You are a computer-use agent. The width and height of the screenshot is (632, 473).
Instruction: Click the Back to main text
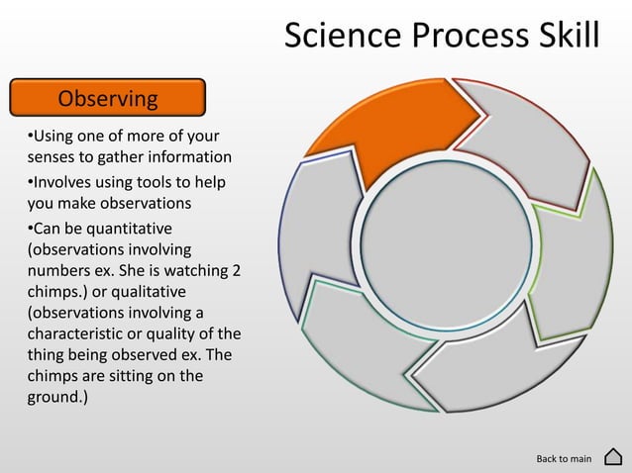564,458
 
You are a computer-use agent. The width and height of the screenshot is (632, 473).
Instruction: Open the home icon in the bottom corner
612,457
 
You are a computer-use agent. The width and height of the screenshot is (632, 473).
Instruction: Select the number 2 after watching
236,271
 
